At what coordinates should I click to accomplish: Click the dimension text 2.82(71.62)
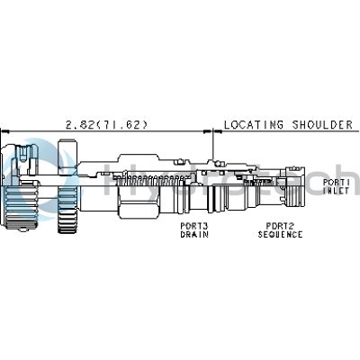pos(107,124)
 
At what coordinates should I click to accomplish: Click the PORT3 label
pos(194,226)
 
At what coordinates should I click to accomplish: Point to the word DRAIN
pos(194,234)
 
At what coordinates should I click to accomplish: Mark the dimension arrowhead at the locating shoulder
pos(210,131)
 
